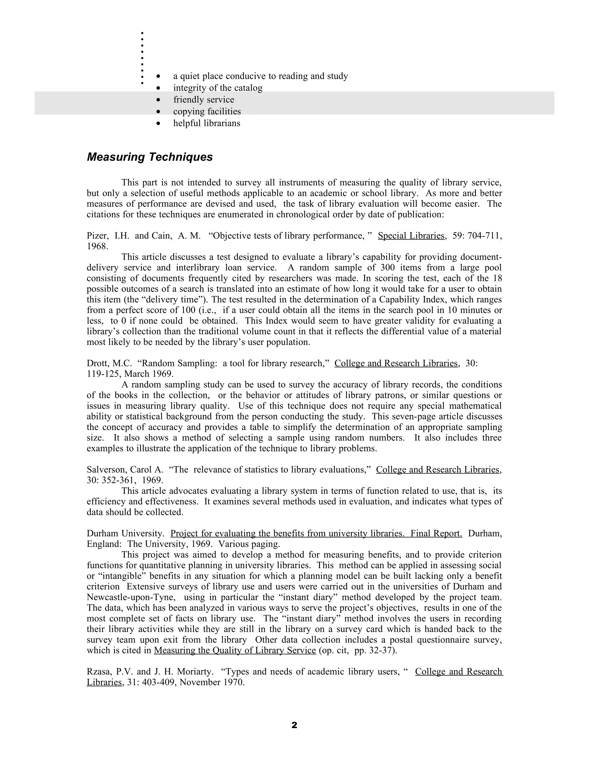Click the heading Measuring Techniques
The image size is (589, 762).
tap(150, 157)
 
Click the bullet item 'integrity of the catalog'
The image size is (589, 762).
tap(218, 88)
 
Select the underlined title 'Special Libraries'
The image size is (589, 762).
tap(411, 236)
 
